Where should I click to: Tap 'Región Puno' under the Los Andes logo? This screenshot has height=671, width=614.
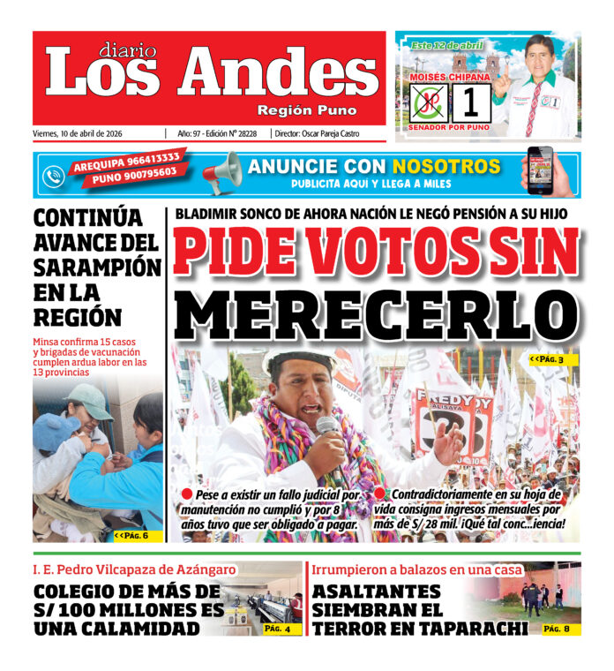[307, 110]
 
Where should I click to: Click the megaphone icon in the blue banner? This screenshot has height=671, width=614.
[221, 172]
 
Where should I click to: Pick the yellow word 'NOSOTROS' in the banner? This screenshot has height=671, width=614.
[446, 166]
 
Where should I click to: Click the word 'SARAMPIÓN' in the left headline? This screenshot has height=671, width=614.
[97, 267]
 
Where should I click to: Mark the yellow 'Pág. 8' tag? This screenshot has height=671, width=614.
[556, 629]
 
